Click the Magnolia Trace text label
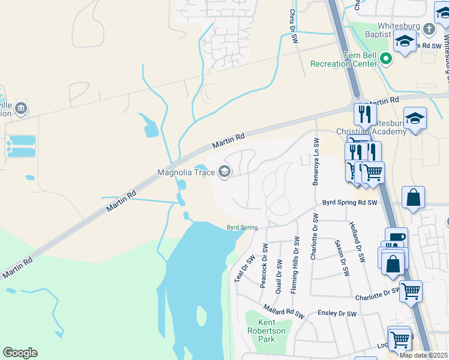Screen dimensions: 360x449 pyautogui.click(x=185, y=172)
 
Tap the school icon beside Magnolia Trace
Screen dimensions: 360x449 pyautogui.click(x=224, y=172)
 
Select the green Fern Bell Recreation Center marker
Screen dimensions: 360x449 pyautogui.click(x=385, y=59)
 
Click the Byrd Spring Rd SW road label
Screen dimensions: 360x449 pyautogui.click(x=348, y=203)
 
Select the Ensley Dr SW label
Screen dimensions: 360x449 pyautogui.click(x=337, y=313)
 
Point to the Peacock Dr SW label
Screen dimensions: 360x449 pyautogui.click(x=264, y=265)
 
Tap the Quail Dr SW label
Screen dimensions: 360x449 pyautogui.click(x=279, y=272)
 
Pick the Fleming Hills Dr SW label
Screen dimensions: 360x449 pyautogui.click(x=295, y=264)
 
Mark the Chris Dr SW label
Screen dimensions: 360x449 pyautogui.click(x=293, y=25)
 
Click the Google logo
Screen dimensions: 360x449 pyautogui.click(x=20, y=353)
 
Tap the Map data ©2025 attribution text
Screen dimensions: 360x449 pyautogui.click(x=423, y=355)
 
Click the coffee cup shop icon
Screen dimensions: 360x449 pyautogui.click(x=396, y=236)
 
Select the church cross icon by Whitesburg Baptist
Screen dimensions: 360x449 pyautogui.click(x=429, y=29)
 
